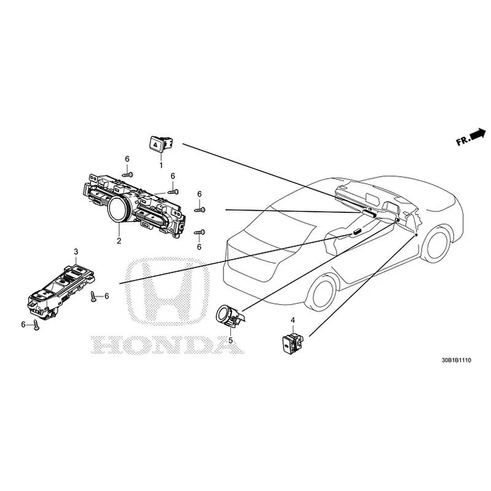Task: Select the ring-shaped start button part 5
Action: (x=229, y=315)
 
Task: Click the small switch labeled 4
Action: (x=293, y=344)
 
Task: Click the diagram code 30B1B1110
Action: (x=456, y=360)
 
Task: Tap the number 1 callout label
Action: (x=161, y=165)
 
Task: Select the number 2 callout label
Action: (x=118, y=241)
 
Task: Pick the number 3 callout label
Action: (x=75, y=252)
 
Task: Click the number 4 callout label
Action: (x=293, y=320)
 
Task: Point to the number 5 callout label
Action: (x=231, y=341)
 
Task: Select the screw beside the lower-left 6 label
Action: (x=36, y=326)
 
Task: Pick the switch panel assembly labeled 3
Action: (x=61, y=292)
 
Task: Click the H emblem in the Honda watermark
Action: (x=168, y=292)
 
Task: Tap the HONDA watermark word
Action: (x=168, y=345)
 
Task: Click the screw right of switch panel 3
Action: (x=93, y=296)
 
